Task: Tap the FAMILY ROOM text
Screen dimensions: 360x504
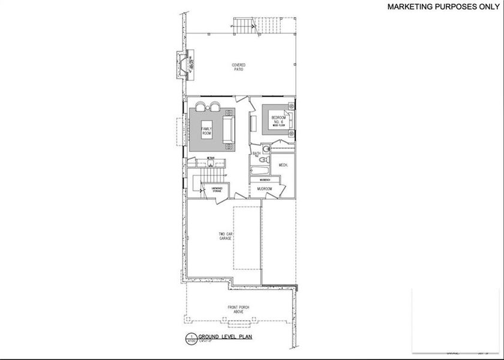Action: point(206,131)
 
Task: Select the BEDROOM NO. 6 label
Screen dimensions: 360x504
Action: point(277,119)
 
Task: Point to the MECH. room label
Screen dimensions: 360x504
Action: point(284,164)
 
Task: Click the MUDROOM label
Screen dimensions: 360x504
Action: point(265,189)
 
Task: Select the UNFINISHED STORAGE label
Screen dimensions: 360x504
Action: point(217,190)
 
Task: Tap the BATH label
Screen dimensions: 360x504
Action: point(256,154)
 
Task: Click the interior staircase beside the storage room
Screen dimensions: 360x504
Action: point(213,175)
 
